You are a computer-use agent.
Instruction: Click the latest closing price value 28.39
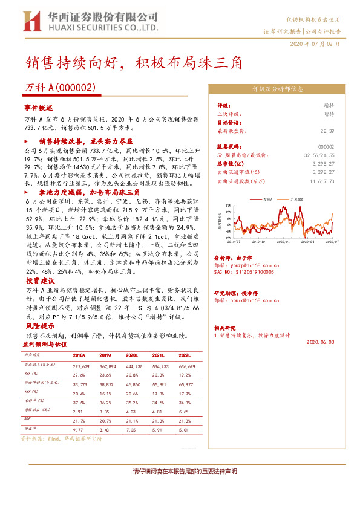point(327,131)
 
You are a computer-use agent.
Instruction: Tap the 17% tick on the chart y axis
point(227,206)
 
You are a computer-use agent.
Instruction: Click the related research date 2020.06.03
point(320,342)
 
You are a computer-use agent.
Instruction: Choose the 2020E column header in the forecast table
point(132,357)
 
